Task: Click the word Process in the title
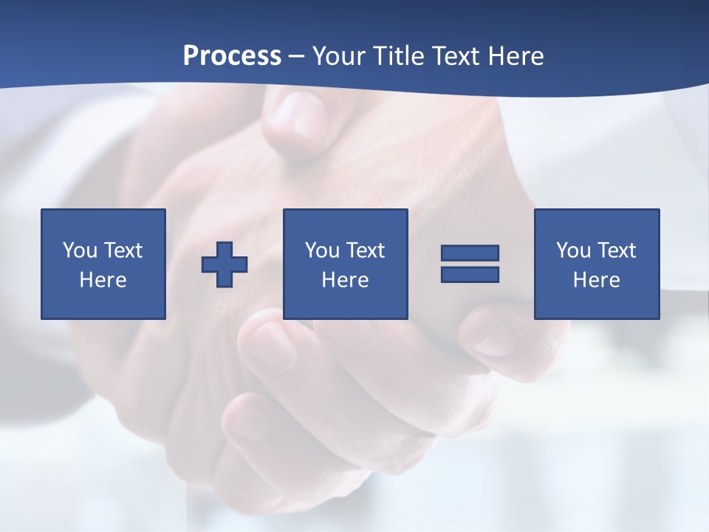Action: (232, 55)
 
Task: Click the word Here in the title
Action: (516, 55)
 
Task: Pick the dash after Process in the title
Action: (297, 57)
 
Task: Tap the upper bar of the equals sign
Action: (470, 253)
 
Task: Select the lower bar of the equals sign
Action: (470, 274)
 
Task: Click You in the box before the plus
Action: (80, 250)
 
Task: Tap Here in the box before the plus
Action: (103, 280)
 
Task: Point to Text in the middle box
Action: (366, 250)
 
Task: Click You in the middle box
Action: (322, 250)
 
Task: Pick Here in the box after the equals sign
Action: (596, 280)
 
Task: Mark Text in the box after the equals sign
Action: (617, 250)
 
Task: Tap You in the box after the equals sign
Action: (573, 250)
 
